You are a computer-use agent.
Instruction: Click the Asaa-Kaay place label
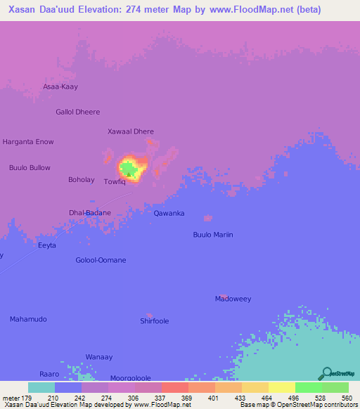pos(60,87)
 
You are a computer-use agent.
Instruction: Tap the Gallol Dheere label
pos(78,112)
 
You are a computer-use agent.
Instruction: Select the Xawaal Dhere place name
pos(130,131)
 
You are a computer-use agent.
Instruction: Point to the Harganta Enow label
pos(28,142)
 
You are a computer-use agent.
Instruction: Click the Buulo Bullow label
pos(30,167)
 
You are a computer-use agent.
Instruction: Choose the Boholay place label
pos(81,180)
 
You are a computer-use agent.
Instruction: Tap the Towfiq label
pos(115,181)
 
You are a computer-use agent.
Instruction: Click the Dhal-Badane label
pos(89,212)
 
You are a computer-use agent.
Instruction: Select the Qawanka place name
pos(169,213)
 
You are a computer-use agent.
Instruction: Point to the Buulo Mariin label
pos(212,235)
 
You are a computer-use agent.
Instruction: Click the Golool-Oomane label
pos(101,260)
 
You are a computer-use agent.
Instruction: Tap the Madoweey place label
pos(233,299)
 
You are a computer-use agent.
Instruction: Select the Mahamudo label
pos(28,319)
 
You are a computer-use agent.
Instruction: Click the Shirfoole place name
pos(155,321)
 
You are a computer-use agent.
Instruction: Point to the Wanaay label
pos(98,357)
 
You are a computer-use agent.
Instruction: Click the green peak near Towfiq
pos(128,168)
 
